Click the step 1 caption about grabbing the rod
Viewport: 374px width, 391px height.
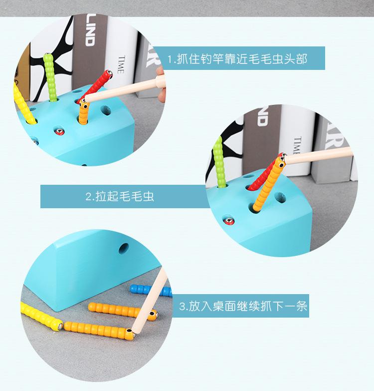coord(237,58)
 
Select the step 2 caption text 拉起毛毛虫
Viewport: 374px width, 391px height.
coord(120,196)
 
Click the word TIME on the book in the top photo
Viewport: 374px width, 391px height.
coord(121,64)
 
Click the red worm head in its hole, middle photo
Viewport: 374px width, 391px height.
coord(229,220)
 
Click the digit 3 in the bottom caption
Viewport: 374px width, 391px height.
coord(183,306)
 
